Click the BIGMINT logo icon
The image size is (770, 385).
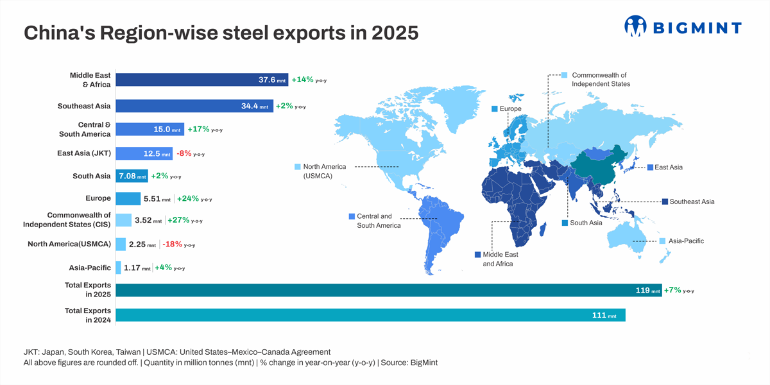pos(635,26)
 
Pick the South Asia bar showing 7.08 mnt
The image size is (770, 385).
pos(132,176)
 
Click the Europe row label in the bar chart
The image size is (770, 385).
pos(98,198)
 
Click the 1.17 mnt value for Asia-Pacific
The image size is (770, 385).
pos(137,268)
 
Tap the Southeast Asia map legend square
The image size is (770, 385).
pos(665,201)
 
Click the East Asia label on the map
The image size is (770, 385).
pos(668,167)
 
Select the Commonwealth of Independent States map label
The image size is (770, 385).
pos(600,80)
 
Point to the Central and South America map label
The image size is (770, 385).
pos(379,221)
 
